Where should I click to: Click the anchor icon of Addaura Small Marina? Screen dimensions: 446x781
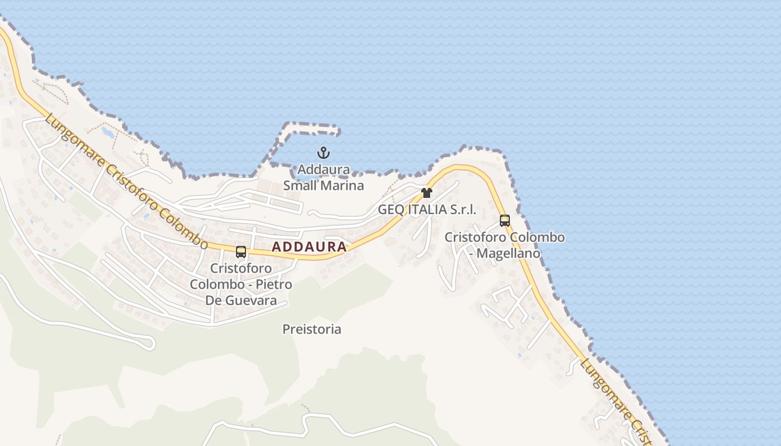click(x=324, y=152)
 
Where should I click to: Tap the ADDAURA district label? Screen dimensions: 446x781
click(x=309, y=247)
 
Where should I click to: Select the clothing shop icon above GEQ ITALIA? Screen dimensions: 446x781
click(x=427, y=193)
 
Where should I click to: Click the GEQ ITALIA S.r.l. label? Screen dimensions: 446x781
click(x=427, y=210)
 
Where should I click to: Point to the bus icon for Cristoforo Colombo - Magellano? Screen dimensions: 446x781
click(x=505, y=221)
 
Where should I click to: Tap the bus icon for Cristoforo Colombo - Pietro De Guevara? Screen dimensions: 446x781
click(x=241, y=252)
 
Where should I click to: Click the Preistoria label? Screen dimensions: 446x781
click(x=312, y=329)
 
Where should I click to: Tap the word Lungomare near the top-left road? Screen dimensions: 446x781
click(x=73, y=142)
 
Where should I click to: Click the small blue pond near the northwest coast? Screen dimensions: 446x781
click(x=107, y=132)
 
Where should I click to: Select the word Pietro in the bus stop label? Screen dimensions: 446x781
click(x=273, y=284)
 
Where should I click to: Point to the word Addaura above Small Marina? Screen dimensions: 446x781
click(x=324, y=169)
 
